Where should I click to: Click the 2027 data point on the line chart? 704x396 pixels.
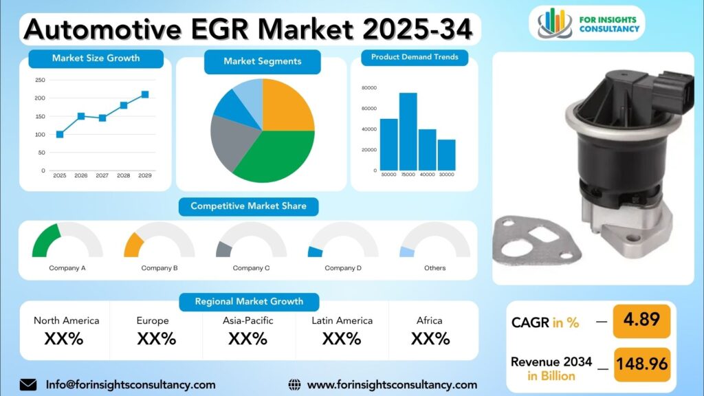(x=102, y=118)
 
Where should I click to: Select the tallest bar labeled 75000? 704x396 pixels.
(x=408, y=131)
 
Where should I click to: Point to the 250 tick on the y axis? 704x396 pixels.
(x=40, y=80)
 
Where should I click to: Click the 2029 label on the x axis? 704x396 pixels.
(x=144, y=175)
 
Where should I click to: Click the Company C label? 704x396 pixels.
(x=251, y=268)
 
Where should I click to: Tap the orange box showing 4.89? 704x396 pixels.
(x=641, y=321)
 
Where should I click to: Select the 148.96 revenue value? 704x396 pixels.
(x=641, y=364)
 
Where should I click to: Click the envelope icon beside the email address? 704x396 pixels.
(x=28, y=385)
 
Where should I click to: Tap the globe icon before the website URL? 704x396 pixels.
(x=294, y=385)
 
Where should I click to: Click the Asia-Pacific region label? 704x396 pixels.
(x=247, y=320)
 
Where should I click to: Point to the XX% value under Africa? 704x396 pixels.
(x=430, y=339)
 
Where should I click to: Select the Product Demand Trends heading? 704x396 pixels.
(x=415, y=57)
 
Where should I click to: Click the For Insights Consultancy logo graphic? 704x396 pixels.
(x=555, y=23)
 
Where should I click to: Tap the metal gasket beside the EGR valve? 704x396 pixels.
(x=535, y=240)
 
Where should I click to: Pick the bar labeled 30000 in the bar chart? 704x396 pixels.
(x=446, y=155)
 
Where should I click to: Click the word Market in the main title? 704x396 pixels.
(x=305, y=29)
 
